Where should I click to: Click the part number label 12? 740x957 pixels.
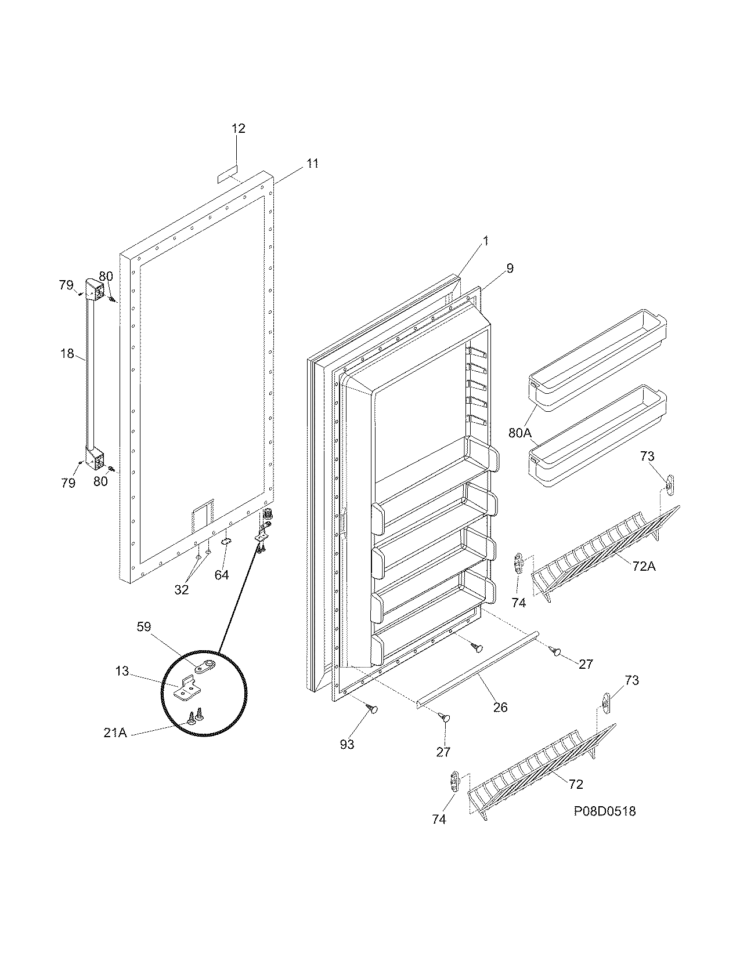(239, 129)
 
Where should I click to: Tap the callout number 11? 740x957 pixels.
(312, 164)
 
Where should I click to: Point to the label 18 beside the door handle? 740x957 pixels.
(68, 353)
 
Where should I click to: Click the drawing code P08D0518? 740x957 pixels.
(604, 811)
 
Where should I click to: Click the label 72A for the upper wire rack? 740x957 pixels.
(643, 566)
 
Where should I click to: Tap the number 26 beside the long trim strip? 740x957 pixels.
(500, 707)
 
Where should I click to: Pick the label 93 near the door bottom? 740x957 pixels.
(347, 744)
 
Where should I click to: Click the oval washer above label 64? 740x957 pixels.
(226, 542)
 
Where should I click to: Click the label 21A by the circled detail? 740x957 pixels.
(115, 733)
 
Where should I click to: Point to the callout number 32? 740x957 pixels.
(182, 590)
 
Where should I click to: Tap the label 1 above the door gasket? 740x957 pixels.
(486, 241)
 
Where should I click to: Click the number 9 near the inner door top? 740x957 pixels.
(510, 269)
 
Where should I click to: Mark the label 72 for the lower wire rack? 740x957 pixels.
(575, 784)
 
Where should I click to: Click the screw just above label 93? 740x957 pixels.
(373, 708)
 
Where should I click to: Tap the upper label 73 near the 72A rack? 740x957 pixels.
(647, 457)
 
